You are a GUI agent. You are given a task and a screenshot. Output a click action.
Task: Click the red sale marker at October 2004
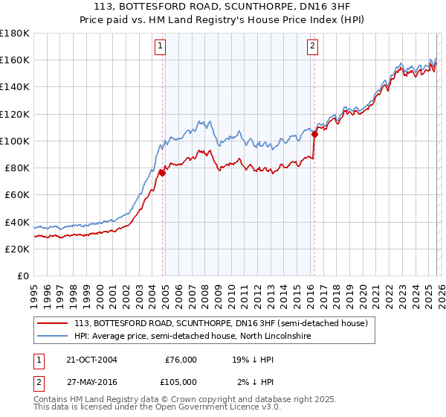pyautogui.click(x=162, y=173)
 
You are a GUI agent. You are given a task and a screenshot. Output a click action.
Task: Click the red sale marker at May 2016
pyautogui.click(x=314, y=135)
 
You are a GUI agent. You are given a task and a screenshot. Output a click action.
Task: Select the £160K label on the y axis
pyautogui.click(x=15, y=60)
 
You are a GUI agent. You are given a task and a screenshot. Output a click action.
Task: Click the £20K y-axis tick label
pyautogui.click(x=17, y=249)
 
